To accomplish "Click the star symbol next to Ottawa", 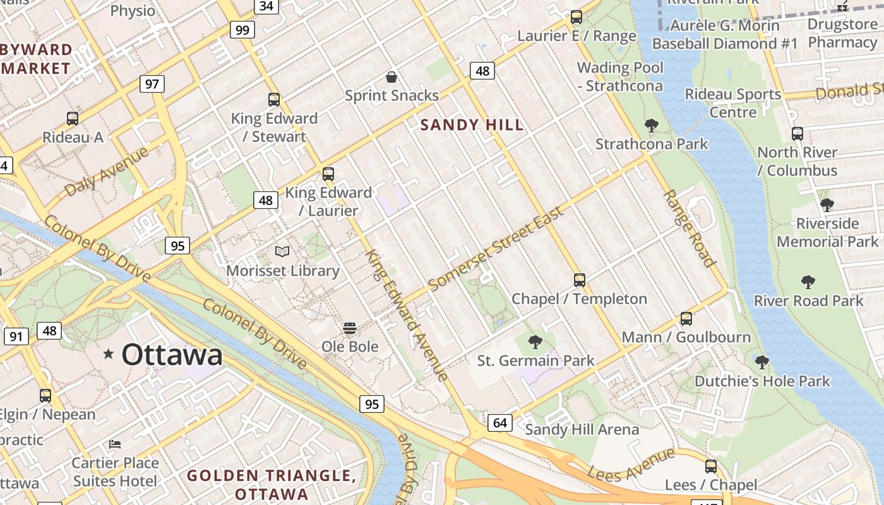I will (x=109, y=354).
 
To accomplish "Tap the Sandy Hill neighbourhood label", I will (x=472, y=125).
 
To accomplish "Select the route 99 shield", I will (x=242, y=30).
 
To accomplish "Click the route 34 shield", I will (x=266, y=6).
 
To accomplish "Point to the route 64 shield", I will (x=499, y=422).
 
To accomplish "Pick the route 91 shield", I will (x=16, y=336).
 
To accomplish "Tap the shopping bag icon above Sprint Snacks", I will (x=391, y=78).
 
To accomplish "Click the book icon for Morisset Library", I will (x=282, y=252).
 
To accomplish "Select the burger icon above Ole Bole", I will (x=350, y=328).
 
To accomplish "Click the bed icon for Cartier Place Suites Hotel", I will (x=115, y=444).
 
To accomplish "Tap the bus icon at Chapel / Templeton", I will (x=579, y=280).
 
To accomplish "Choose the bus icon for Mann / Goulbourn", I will (x=686, y=319).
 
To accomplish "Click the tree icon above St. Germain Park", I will (x=535, y=342).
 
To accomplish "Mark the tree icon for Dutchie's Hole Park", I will (x=762, y=362).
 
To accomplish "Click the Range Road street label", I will (x=689, y=228).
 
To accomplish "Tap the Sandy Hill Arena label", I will (x=582, y=430).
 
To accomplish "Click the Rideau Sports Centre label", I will (x=732, y=103).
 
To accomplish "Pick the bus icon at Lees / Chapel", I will (x=711, y=466).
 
